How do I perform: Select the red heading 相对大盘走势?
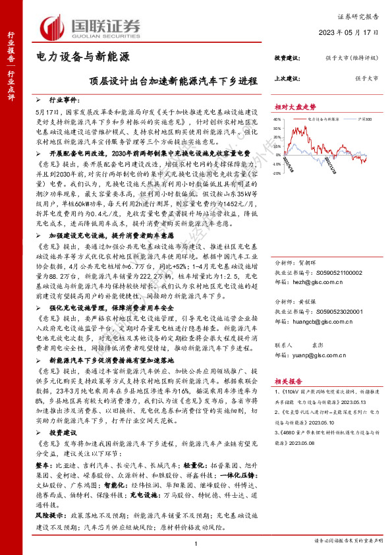coord(295,106)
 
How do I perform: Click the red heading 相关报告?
coord(287,380)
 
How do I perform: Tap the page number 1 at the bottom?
coord(196,542)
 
